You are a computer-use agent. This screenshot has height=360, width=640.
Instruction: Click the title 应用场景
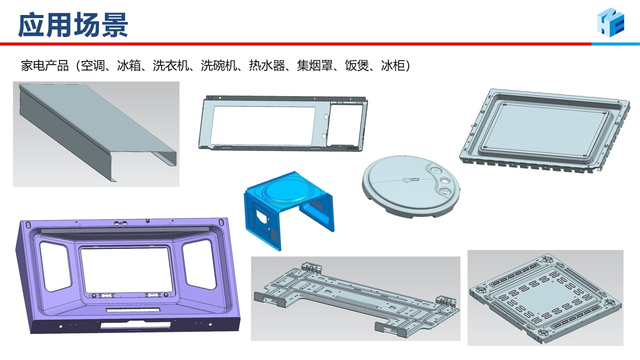pos(73,25)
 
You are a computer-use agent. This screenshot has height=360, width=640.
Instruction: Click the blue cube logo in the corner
pos(610,22)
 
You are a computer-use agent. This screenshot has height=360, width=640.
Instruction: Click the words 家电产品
pos(45,65)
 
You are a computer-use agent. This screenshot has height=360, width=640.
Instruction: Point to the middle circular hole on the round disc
pos(445,180)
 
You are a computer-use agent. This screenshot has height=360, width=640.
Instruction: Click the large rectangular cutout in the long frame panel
pos(263,125)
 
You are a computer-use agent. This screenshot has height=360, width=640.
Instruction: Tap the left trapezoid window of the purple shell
pos(55,265)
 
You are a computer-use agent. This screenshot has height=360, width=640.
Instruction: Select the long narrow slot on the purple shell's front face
pos(133,310)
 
